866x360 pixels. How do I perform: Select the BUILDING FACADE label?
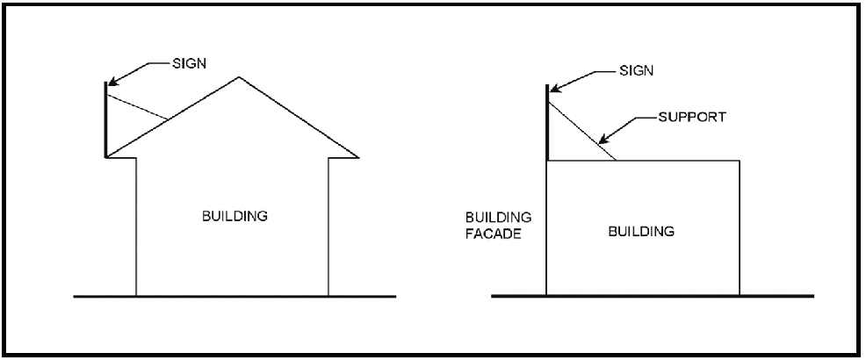click(494, 225)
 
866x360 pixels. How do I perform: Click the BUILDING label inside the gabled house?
click(234, 215)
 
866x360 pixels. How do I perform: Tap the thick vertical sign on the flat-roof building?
click(548, 123)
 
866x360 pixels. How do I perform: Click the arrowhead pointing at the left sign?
click(111, 83)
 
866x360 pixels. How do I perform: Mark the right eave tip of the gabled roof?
click(358, 158)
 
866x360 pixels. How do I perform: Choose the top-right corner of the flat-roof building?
click(739, 161)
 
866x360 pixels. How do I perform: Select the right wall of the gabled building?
click(328, 228)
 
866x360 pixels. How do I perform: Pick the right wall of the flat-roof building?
click(739, 228)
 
